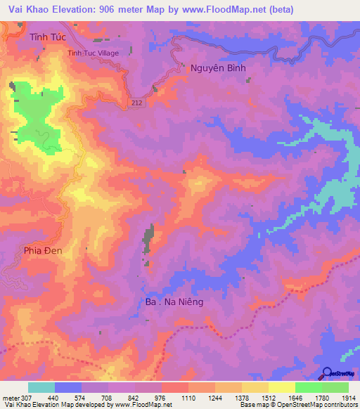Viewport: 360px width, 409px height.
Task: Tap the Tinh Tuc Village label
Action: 92,53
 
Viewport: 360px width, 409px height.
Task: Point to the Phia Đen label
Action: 43,250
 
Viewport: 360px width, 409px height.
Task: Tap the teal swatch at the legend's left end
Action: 41,387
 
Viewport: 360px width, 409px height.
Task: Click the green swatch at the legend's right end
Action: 335,387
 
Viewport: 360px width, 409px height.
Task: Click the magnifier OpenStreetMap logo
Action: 326,373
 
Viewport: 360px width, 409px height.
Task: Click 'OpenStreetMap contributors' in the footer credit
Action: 317,405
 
